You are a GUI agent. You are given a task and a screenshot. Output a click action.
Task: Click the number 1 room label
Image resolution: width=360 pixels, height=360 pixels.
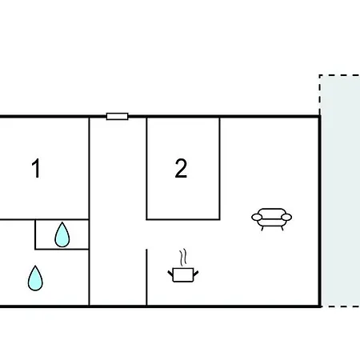(36, 168)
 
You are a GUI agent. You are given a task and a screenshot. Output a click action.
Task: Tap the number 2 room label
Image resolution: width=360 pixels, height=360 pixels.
(181, 168)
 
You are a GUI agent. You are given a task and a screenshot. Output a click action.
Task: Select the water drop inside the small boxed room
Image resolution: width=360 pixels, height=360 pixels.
(62, 234)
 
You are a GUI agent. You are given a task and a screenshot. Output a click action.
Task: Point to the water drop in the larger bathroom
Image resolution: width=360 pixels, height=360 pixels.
(35, 278)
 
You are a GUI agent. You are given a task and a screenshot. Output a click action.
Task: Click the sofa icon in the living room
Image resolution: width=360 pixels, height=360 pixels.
(271, 219)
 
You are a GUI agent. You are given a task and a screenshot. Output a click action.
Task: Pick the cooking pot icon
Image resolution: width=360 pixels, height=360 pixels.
(183, 275)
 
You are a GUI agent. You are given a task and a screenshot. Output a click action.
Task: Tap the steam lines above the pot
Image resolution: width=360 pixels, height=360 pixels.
(183, 258)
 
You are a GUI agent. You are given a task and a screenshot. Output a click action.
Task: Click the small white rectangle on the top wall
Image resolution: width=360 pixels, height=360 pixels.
(118, 117)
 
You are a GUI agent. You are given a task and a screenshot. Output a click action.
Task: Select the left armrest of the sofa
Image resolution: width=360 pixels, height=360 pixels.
(257, 218)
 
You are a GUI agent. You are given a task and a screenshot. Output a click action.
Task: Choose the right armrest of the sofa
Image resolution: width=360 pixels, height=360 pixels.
(286, 218)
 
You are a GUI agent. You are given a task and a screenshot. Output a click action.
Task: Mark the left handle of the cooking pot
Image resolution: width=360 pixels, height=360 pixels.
(170, 274)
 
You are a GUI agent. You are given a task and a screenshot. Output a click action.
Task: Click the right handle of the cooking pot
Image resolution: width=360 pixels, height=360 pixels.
(195, 274)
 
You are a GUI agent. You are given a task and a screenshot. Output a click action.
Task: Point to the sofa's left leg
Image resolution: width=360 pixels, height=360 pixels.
(262, 229)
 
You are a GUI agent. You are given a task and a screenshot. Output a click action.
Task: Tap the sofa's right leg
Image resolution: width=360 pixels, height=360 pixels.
(282, 229)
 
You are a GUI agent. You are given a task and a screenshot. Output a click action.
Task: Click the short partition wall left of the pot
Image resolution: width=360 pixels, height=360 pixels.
(146, 278)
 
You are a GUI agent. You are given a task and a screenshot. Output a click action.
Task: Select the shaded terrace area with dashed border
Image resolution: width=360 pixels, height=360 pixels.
(340, 190)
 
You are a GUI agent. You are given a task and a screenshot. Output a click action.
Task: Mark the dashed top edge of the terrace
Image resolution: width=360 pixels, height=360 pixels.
(339, 75)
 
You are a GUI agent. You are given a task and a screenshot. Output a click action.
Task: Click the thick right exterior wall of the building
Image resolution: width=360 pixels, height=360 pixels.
(319, 212)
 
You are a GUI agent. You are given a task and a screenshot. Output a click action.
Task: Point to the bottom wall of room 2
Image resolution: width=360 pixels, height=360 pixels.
(183, 219)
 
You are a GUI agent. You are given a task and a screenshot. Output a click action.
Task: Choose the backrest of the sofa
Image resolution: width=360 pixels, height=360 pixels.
(272, 211)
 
